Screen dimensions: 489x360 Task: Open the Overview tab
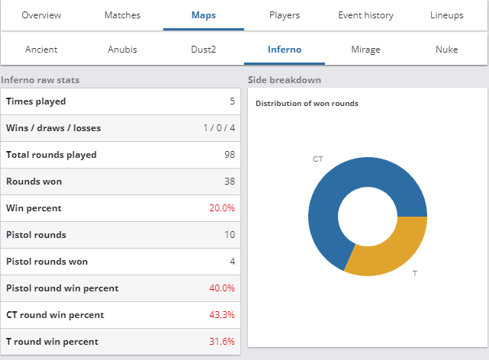coord(41,15)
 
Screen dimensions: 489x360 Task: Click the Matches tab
coord(122,15)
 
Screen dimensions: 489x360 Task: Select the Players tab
coord(285,15)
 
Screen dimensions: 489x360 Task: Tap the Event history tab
coord(366,15)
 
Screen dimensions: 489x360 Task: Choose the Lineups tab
coord(446,15)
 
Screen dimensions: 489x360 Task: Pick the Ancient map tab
coord(41,50)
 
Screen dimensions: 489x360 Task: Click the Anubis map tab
coord(122,50)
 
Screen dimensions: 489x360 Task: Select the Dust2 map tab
coord(204,50)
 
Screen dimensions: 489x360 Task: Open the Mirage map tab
coord(365,50)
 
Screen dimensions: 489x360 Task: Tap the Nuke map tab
coord(446,50)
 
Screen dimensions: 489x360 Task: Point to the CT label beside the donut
coord(318,159)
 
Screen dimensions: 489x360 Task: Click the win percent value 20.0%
coord(222,208)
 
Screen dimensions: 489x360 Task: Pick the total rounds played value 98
coord(230,155)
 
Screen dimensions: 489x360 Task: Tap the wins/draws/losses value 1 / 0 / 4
coord(219,128)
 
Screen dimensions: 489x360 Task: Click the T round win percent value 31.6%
coord(222,342)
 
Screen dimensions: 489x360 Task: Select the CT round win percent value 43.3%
coord(222,315)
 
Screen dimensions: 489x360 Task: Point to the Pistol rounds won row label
coord(47,262)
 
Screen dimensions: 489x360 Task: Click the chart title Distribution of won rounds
coord(307,104)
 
